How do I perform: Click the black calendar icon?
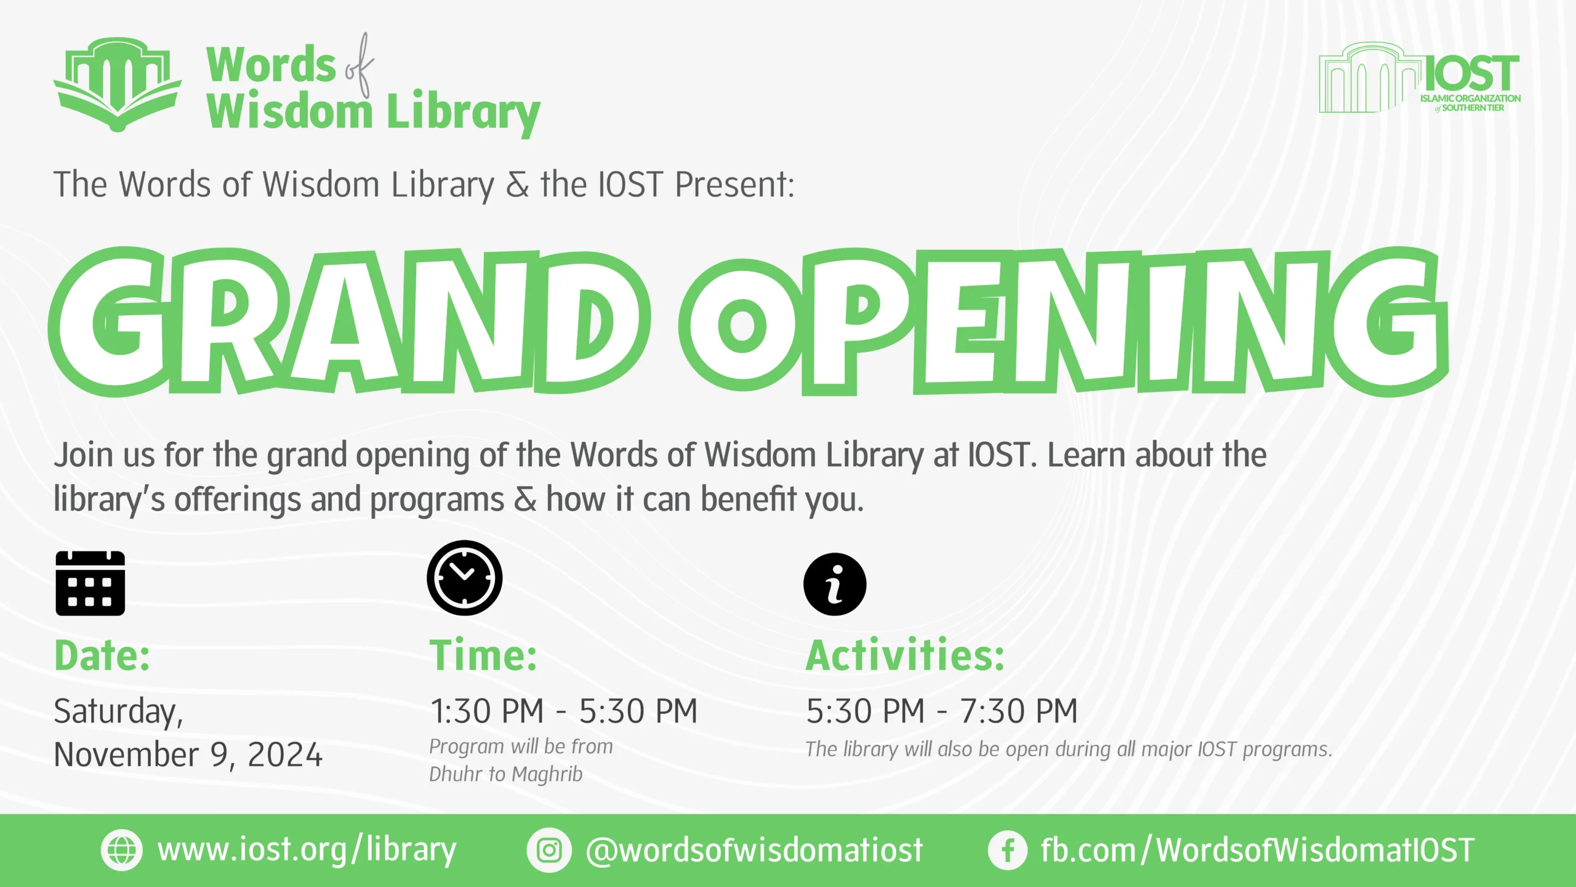90,583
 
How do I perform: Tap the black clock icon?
464,578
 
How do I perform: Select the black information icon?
835,585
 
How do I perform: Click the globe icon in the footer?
121,851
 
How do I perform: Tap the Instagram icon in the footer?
549,851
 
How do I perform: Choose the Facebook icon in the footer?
1008,851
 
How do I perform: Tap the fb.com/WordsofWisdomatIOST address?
1258,851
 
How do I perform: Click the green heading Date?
102,655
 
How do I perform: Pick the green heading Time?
483,655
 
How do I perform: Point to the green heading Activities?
905,655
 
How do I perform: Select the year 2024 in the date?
285,755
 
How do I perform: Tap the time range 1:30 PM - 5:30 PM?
564,711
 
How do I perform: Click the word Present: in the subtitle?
735,184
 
